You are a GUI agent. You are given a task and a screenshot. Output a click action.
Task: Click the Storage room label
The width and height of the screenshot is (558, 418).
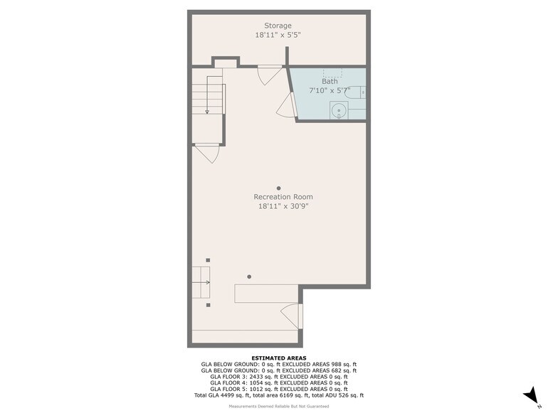(x=278, y=26)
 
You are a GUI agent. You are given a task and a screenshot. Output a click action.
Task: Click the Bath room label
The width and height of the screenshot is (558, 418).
(x=330, y=81)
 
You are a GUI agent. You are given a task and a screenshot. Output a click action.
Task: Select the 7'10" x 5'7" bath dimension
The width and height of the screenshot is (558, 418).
(x=330, y=90)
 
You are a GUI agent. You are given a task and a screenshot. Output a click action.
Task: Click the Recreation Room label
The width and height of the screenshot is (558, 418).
(x=283, y=196)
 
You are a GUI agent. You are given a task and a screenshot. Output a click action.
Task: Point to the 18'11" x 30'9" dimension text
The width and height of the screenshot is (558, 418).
(x=283, y=206)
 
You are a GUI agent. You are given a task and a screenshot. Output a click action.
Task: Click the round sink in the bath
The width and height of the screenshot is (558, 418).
(x=339, y=110)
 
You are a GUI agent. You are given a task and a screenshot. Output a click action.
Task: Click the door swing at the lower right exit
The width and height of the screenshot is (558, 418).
(x=292, y=316)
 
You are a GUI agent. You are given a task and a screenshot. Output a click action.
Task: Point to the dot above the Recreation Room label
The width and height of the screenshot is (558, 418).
(x=279, y=188)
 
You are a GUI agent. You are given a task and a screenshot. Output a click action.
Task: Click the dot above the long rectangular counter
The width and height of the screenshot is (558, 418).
(x=249, y=277)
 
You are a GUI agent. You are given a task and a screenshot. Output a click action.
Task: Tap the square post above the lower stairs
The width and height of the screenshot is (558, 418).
(x=208, y=260)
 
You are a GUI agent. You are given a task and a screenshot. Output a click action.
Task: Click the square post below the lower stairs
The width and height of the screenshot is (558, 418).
(x=208, y=305)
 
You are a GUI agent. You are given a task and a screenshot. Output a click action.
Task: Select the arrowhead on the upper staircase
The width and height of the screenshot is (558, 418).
(x=207, y=112)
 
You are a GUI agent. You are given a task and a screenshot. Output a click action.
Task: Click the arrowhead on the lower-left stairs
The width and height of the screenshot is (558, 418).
(x=208, y=283)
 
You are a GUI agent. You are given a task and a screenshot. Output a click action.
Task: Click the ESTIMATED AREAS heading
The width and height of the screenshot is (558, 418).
(x=279, y=358)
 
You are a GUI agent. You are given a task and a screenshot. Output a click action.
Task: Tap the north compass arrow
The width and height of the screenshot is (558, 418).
(x=530, y=395)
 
